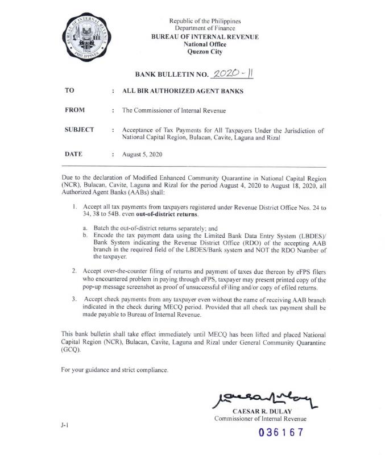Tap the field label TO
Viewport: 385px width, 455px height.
tap(70, 90)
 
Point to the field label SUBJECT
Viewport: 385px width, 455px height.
tap(80, 130)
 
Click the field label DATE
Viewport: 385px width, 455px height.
tap(74, 154)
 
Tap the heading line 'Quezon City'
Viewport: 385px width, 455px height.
tap(205, 52)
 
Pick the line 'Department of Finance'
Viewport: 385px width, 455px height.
tap(205, 28)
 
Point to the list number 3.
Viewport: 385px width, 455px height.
tap(74, 299)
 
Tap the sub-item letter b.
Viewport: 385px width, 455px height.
tap(85, 234)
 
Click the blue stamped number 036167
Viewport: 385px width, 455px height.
tap(281, 433)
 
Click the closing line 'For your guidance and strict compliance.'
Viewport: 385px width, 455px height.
tap(115, 370)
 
